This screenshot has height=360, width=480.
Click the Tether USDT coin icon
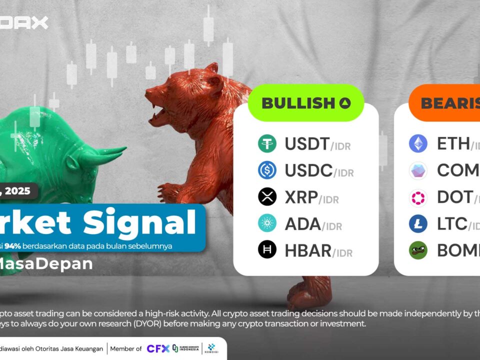click(x=267, y=144)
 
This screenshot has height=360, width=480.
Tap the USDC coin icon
click(x=267, y=170)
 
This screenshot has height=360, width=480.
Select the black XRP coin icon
click(x=267, y=197)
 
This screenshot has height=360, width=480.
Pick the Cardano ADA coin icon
click(x=267, y=223)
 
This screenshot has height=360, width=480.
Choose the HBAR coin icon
click(x=267, y=249)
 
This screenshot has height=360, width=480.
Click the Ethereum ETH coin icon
click(x=418, y=144)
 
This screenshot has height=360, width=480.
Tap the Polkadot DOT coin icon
click(x=418, y=197)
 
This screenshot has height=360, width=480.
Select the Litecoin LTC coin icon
click(x=418, y=223)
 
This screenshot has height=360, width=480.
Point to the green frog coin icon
click(x=418, y=249)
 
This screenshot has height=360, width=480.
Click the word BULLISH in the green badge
click(x=297, y=103)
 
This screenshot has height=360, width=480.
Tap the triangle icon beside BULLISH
click(x=345, y=103)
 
